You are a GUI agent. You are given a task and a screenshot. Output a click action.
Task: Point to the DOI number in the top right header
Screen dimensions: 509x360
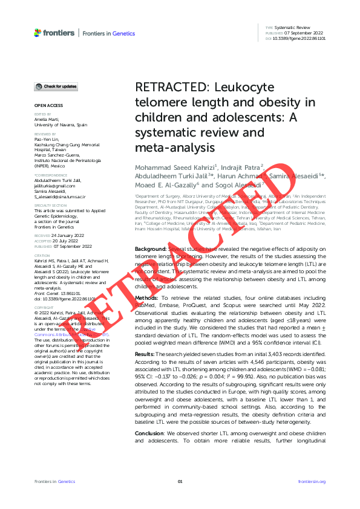(x=299, y=37)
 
